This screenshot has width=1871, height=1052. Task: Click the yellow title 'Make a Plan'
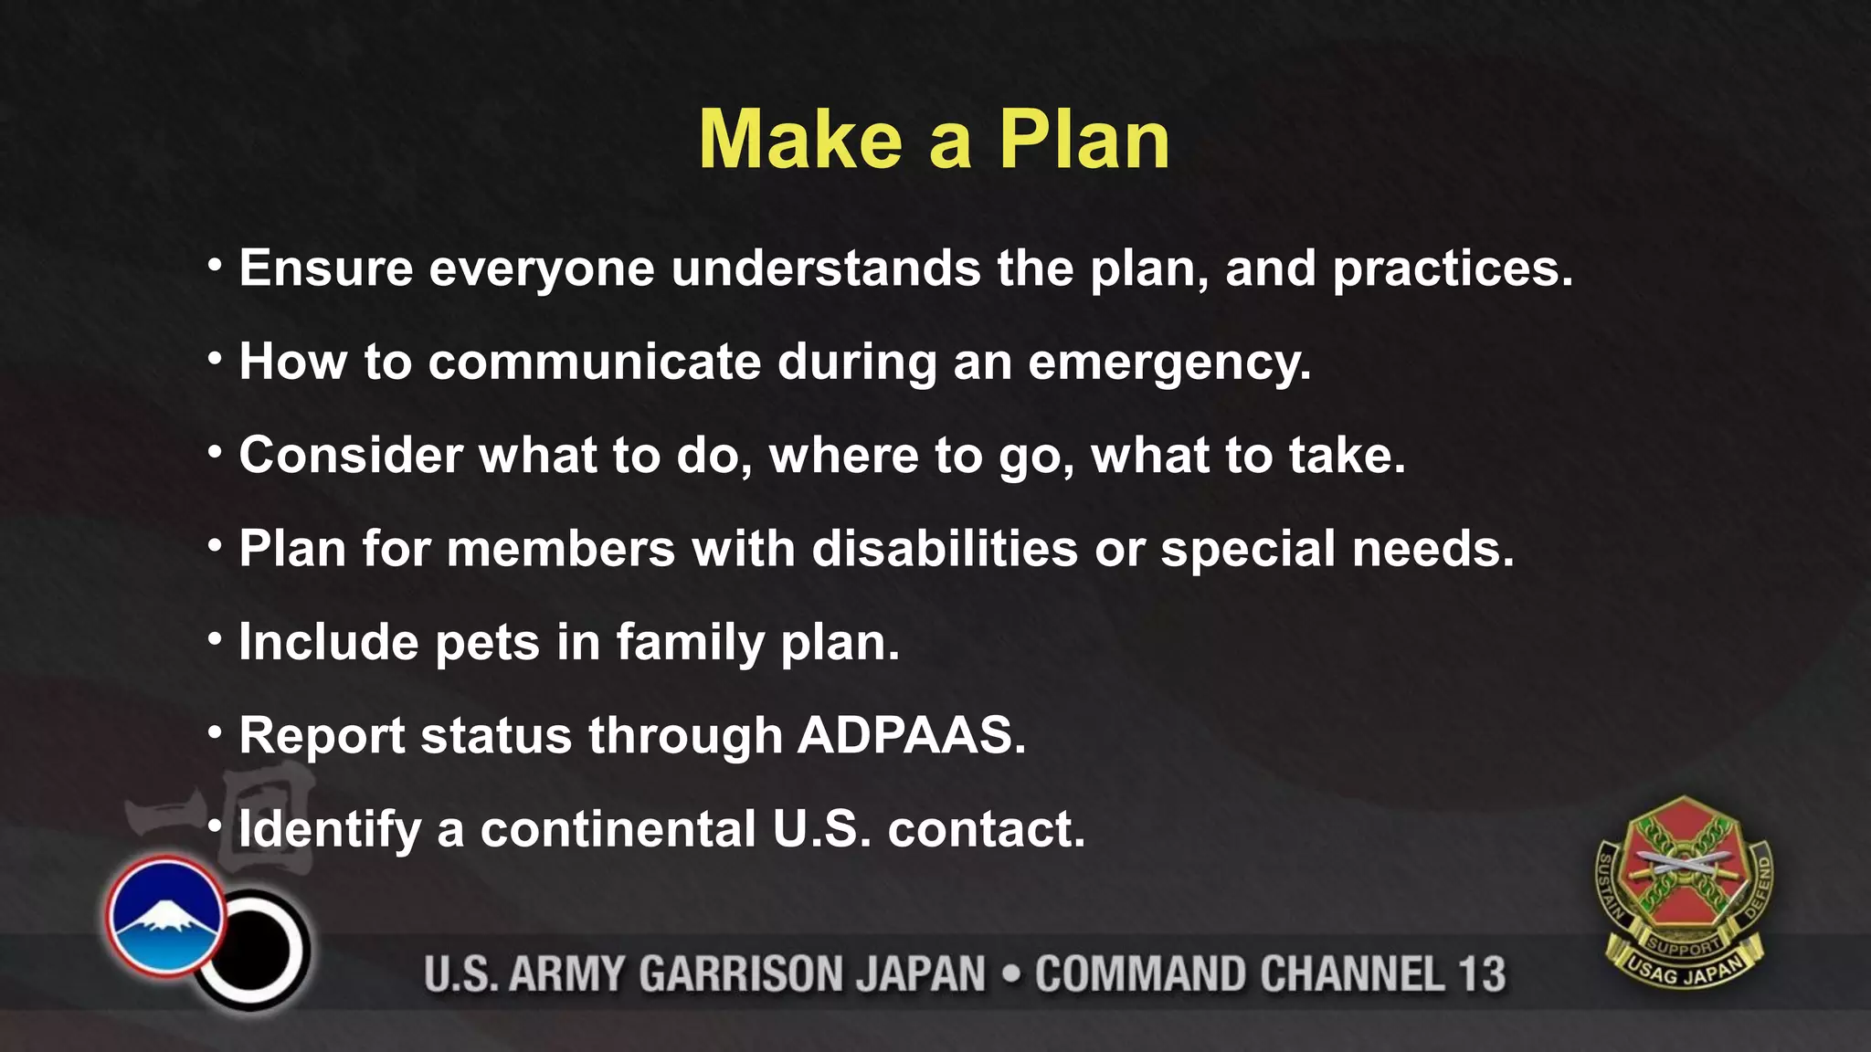(x=934, y=140)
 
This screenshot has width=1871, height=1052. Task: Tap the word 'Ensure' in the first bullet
(x=326, y=268)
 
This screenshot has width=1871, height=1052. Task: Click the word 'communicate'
(x=594, y=362)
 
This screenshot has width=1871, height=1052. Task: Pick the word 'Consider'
(x=351, y=455)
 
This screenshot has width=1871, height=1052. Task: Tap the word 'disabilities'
(x=945, y=549)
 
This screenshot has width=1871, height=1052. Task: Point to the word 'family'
(x=690, y=643)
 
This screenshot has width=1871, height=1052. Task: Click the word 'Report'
(x=322, y=736)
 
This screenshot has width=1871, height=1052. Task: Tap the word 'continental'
(x=618, y=828)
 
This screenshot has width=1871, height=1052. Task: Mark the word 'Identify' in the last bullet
(x=329, y=830)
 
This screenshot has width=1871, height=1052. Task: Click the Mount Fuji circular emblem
(x=164, y=915)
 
